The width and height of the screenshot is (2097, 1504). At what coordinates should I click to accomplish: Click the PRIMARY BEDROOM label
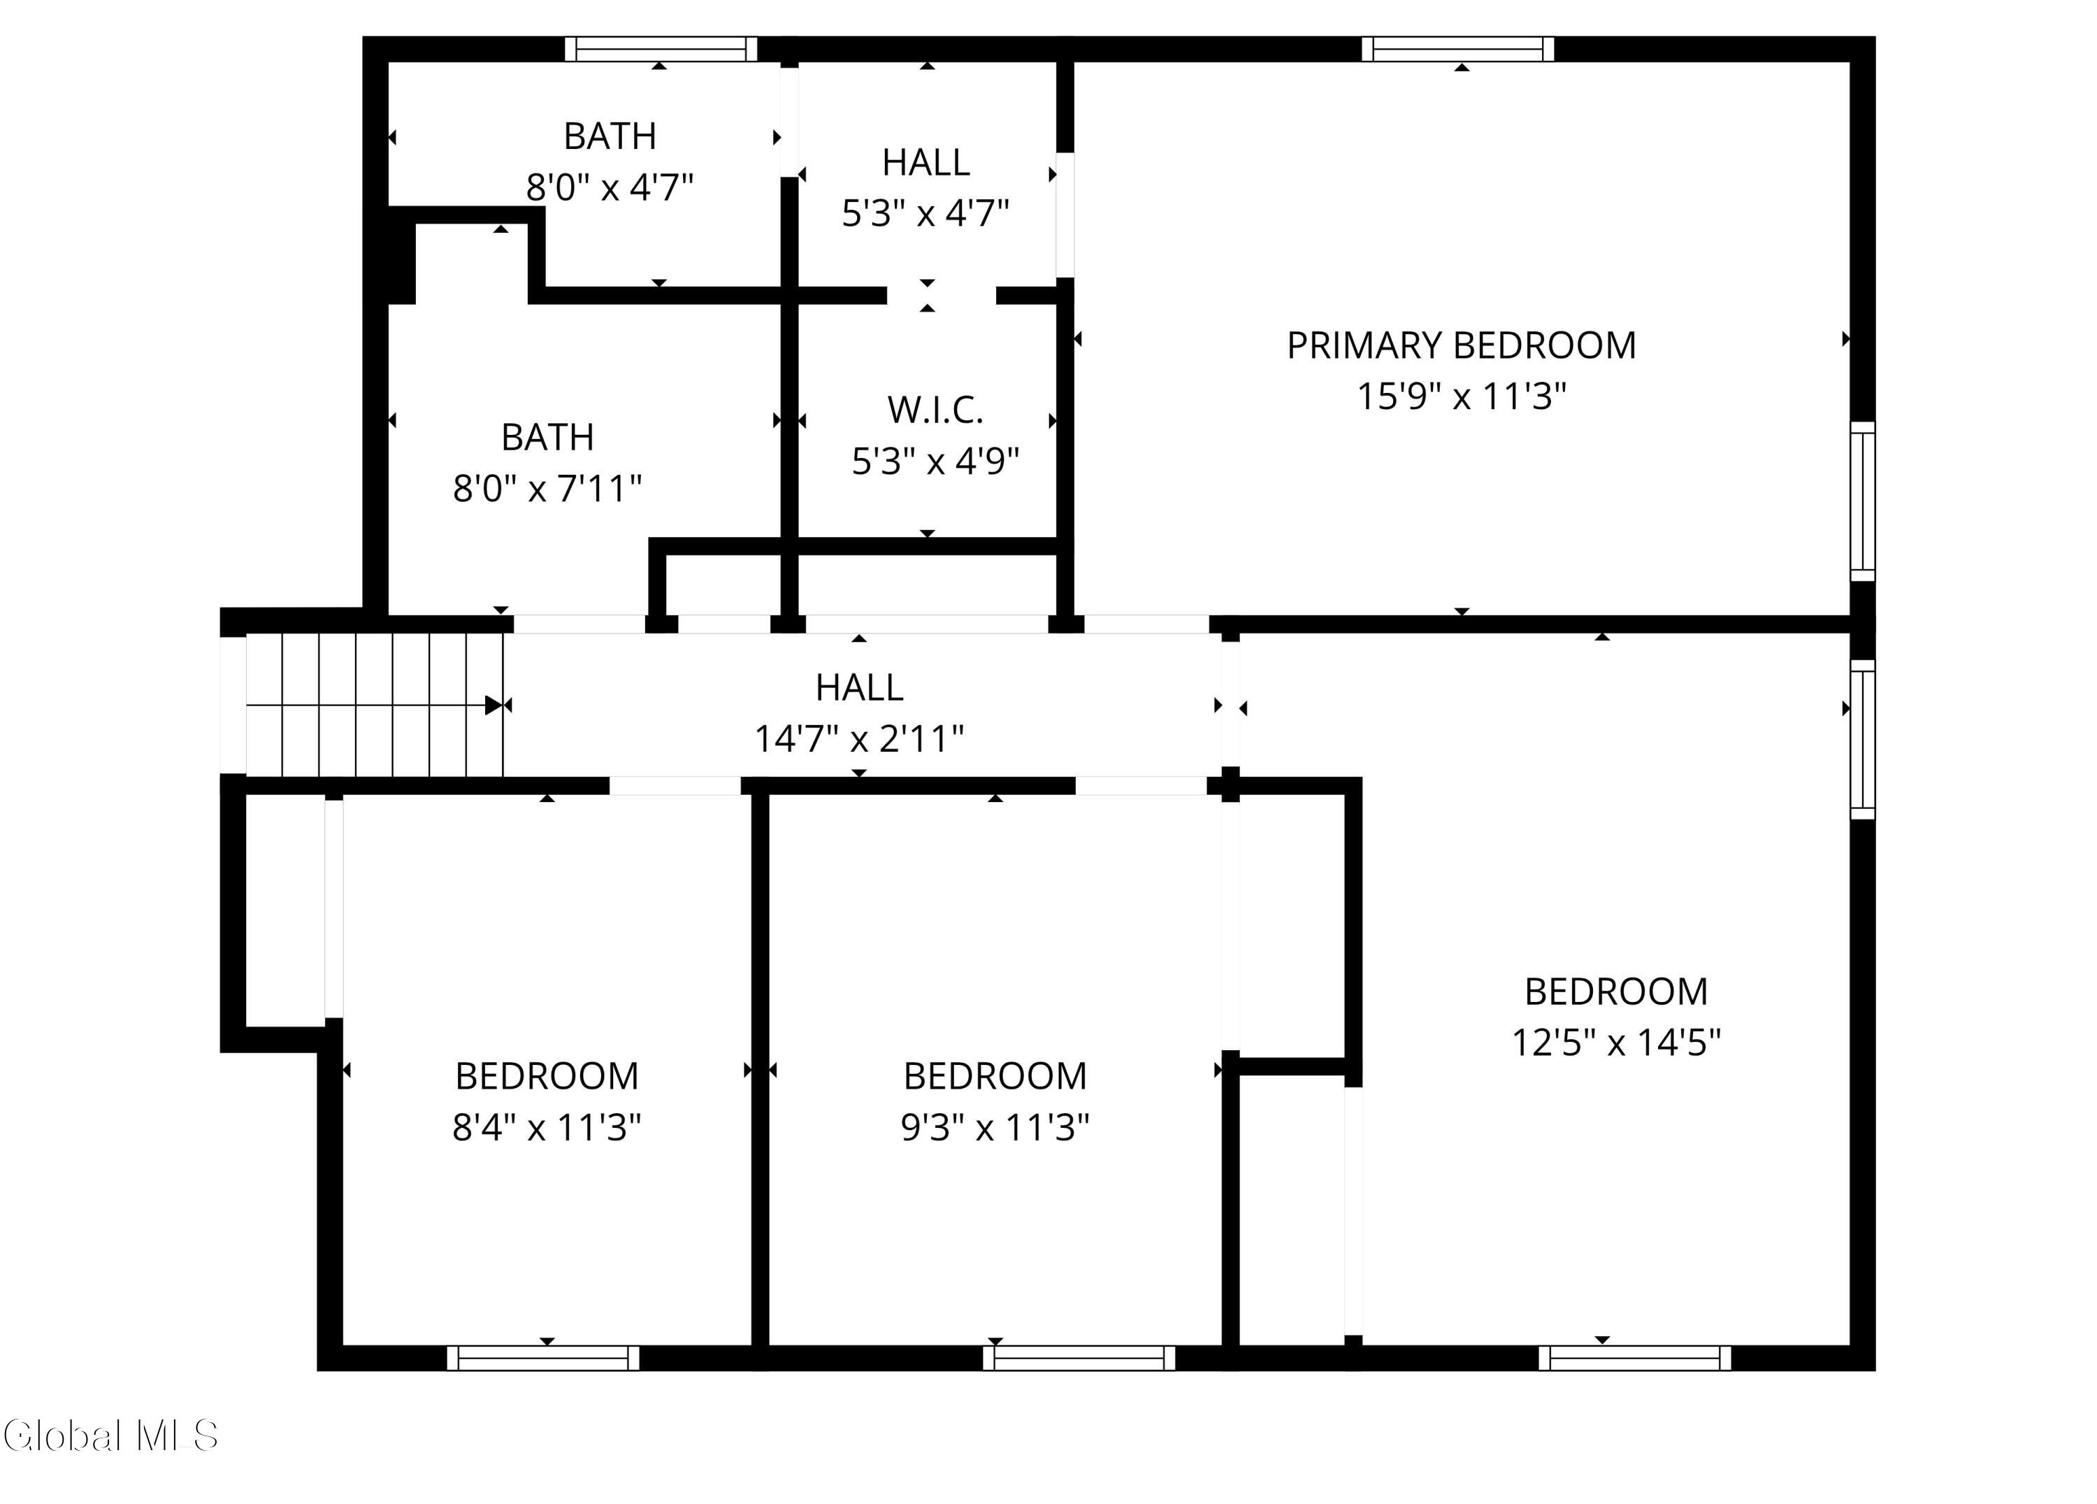(x=1461, y=345)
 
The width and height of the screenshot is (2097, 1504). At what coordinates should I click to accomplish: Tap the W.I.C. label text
(x=935, y=410)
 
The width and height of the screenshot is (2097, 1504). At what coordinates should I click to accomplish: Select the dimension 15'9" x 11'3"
(x=1461, y=396)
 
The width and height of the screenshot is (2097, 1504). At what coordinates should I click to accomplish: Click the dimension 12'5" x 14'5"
(x=1615, y=1043)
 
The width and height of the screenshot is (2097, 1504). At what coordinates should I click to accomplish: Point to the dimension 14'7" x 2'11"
(x=859, y=738)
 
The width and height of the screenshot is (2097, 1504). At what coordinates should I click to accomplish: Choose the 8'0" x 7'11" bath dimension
(x=547, y=487)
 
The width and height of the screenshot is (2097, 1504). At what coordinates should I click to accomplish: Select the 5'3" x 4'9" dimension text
(x=935, y=461)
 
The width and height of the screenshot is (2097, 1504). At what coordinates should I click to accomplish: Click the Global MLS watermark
(x=111, y=1435)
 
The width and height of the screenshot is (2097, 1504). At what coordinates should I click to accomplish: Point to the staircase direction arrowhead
(x=493, y=706)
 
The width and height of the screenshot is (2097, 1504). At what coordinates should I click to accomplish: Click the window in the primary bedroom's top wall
(x=1457, y=49)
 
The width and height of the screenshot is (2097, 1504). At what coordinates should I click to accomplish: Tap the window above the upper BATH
(x=660, y=49)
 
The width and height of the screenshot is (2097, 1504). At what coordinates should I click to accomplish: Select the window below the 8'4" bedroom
(x=542, y=1358)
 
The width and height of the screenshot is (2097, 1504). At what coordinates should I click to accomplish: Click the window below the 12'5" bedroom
(x=1635, y=1358)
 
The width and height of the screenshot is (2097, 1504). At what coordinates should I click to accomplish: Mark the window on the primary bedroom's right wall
(x=1863, y=502)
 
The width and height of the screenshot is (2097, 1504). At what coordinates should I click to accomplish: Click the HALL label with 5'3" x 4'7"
(x=925, y=162)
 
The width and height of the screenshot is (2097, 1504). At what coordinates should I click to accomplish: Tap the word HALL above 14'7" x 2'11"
(x=859, y=687)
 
